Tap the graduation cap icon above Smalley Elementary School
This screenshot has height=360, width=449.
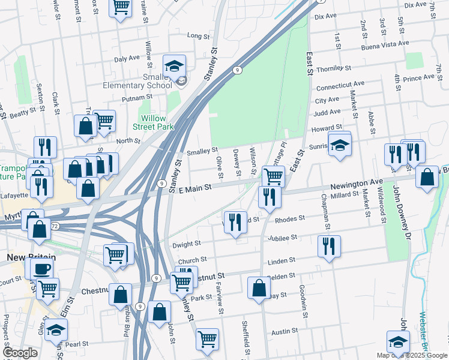point(174,66)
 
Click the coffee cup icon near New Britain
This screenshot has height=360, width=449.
point(41,268)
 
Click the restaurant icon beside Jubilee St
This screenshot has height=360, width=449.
point(329,246)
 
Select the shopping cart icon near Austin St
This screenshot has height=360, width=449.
point(208,339)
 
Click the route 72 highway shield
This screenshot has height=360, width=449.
point(54,226)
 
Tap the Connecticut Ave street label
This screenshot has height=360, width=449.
point(340,85)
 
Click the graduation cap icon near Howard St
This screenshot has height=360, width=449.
point(340,146)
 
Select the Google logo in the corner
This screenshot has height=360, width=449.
point(20,353)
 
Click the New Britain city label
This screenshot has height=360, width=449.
point(23,257)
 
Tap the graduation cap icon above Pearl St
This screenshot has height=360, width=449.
point(56,330)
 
